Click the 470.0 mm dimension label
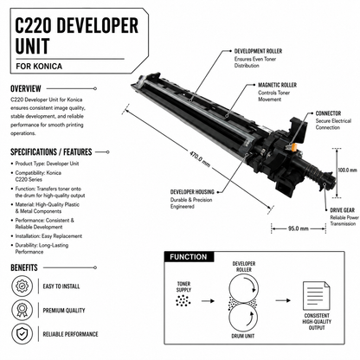[x=200, y=158]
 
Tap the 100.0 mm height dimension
[x=347, y=170]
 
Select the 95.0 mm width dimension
[x=299, y=228]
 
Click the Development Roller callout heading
[x=258, y=51]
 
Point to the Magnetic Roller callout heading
[x=277, y=85]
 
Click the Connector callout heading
[x=328, y=113]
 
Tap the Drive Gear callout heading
[x=343, y=210]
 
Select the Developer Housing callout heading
[x=192, y=192]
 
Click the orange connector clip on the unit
[x=292, y=148]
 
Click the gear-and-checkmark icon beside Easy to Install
[x=22, y=286]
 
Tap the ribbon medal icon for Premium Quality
[x=22, y=310]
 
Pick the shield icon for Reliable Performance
[x=22, y=334]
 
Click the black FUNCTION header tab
[x=189, y=257]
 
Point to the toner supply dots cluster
[x=183, y=301]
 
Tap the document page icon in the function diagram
[x=317, y=296]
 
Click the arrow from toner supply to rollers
[x=208, y=301]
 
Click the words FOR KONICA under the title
[x=39, y=66]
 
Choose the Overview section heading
[x=26, y=88]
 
